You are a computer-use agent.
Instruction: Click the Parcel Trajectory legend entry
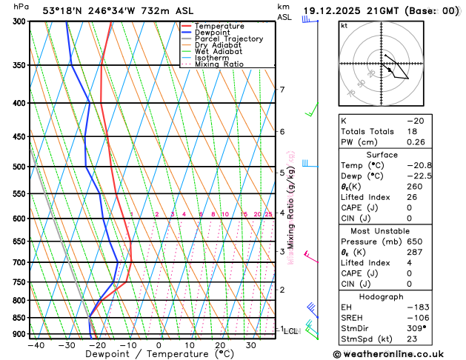coord(228,39)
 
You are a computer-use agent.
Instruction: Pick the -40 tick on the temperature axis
coord(36,345)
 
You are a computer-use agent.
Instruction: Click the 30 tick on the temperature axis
coord(251,345)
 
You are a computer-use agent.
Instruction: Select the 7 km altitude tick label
coord(282,90)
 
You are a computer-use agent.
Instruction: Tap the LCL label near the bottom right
coord(290,331)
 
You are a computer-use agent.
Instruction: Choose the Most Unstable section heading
coord(397,230)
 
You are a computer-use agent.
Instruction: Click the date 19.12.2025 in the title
coord(339,12)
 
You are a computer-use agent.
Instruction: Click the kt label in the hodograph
coord(344,26)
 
